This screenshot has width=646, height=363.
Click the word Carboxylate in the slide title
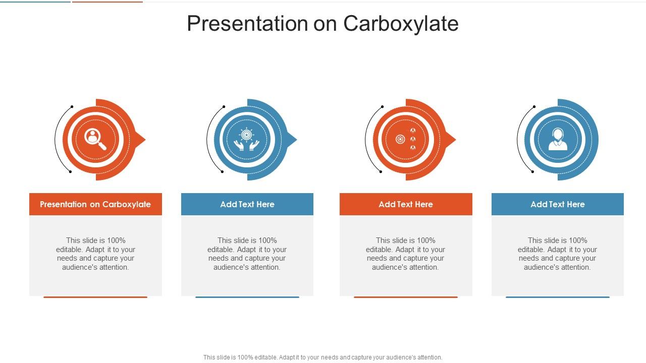click(401, 24)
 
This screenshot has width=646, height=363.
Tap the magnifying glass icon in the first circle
click(95, 139)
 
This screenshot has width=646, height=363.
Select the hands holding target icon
click(247, 140)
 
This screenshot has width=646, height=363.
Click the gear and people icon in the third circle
click(406, 139)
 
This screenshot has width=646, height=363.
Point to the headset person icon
click(558, 139)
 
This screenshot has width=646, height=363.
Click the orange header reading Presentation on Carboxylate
click(95, 204)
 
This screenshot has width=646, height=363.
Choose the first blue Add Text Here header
click(247, 204)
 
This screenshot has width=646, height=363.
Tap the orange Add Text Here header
click(406, 204)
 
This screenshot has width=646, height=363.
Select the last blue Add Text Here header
click(558, 204)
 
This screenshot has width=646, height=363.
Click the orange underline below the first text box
click(95, 297)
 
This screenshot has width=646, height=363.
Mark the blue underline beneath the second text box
click(247, 297)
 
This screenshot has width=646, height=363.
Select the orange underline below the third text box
click(406, 297)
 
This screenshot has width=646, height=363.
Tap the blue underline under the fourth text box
click(558, 297)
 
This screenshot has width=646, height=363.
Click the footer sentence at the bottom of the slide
click(323, 357)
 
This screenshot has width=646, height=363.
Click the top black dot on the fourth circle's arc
click(534, 107)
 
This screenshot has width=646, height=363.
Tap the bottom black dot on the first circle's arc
click(70, 172)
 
